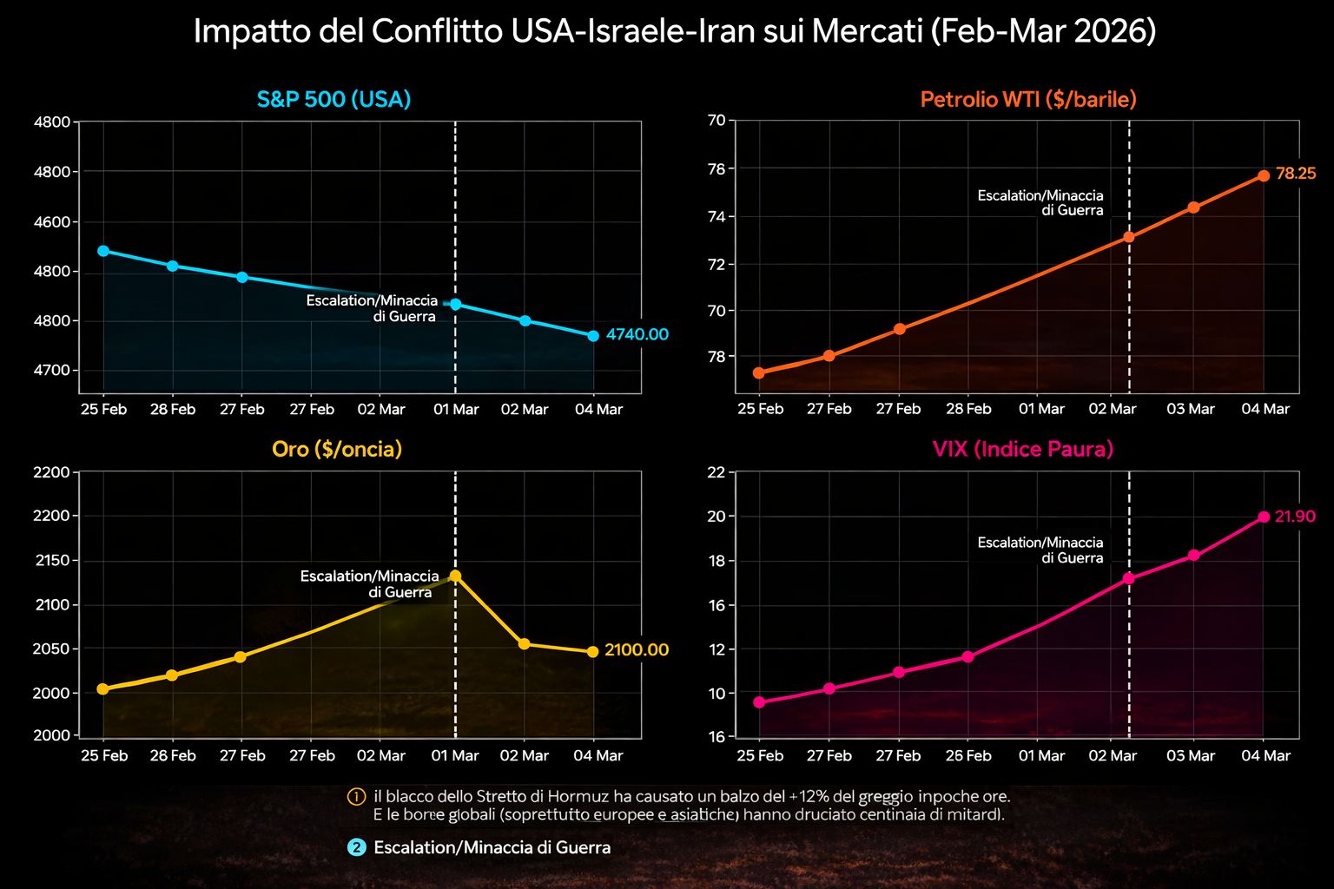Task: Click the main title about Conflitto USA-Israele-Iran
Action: [674, 32]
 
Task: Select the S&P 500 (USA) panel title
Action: [333, 99]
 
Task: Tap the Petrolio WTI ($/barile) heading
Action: [1027, 99]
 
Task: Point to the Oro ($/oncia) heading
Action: [337, 449]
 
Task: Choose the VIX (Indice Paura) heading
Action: [1022, 449]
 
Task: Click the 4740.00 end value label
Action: [637, 334]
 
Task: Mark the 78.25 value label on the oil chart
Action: [1296, 174]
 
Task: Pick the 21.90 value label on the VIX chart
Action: [1294, 517]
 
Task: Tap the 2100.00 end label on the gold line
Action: [637, 649]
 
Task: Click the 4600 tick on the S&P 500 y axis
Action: [51, 222]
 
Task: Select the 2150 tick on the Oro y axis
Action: [51, 561]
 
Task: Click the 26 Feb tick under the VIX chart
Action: [967, 755]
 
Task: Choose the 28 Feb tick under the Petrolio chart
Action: [967, 409]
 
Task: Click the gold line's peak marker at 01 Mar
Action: [455, 576]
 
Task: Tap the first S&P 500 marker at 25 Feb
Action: [103, 251]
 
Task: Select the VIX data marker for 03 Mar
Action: [1193, 555]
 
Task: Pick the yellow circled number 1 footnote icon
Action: [356, 796]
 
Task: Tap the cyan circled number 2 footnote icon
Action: [356, 847]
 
